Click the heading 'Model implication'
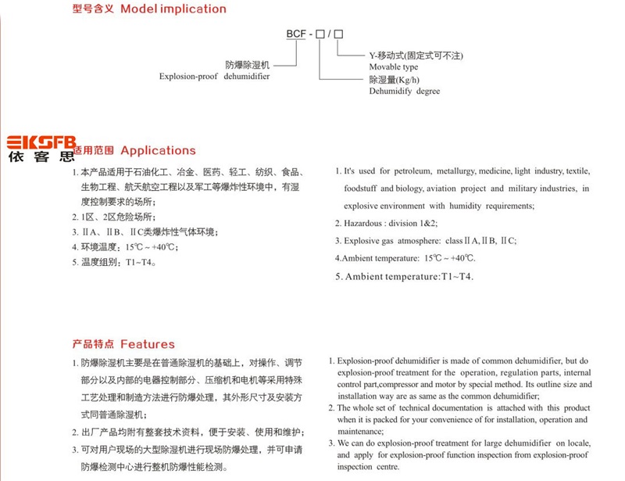point(173,9)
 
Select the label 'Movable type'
point(393,67)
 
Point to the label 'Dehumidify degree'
point(404,92)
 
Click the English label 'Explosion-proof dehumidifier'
point(214,77)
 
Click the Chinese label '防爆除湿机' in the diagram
point(247,65)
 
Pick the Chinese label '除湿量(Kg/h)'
point(395,80)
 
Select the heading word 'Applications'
point(158,150)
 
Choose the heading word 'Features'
point(148,344)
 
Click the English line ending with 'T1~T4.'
point(404,276)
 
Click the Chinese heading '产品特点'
point(94,344)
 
